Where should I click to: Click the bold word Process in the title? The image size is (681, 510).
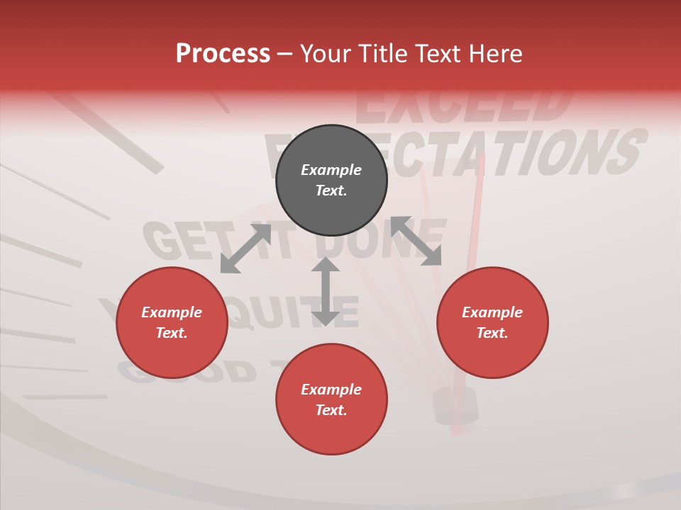[x=223, y=54]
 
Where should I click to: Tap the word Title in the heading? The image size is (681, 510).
[x=383, y=54]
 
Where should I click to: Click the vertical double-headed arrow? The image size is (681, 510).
[x=326, y=291]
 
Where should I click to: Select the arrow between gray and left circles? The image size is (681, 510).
[x=245, y=249]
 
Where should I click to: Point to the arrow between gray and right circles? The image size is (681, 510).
[x=416, y=241]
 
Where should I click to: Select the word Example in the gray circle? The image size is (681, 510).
[x=331, y=170]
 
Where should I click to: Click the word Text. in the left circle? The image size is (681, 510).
[x=172, y=333]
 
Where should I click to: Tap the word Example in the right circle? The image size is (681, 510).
[x=492, y=312]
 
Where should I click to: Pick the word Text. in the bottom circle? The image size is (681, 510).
[x=331, y=410]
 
